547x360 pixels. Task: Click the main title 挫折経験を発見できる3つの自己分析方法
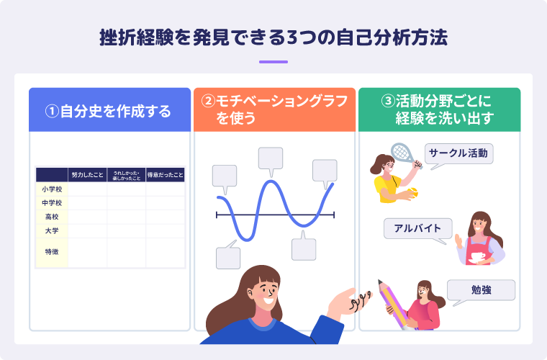pos(273,38)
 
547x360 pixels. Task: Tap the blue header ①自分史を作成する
pos(109,111)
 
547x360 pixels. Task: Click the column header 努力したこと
pos(87,175)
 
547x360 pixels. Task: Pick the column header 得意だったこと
pos(166,175)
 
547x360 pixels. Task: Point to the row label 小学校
pos(52,189)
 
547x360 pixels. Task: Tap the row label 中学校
pos(52,203)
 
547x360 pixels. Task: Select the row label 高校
pos(52,217)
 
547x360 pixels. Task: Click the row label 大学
pos(52,230)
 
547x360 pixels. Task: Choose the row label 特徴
pos(52,252)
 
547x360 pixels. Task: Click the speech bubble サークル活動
pos(458,153)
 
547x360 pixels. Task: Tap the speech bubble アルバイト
pos(417,229)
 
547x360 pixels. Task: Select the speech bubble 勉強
pos(481,289)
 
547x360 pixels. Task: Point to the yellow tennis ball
pos(412,193)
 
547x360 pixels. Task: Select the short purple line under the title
pos(273,62)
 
